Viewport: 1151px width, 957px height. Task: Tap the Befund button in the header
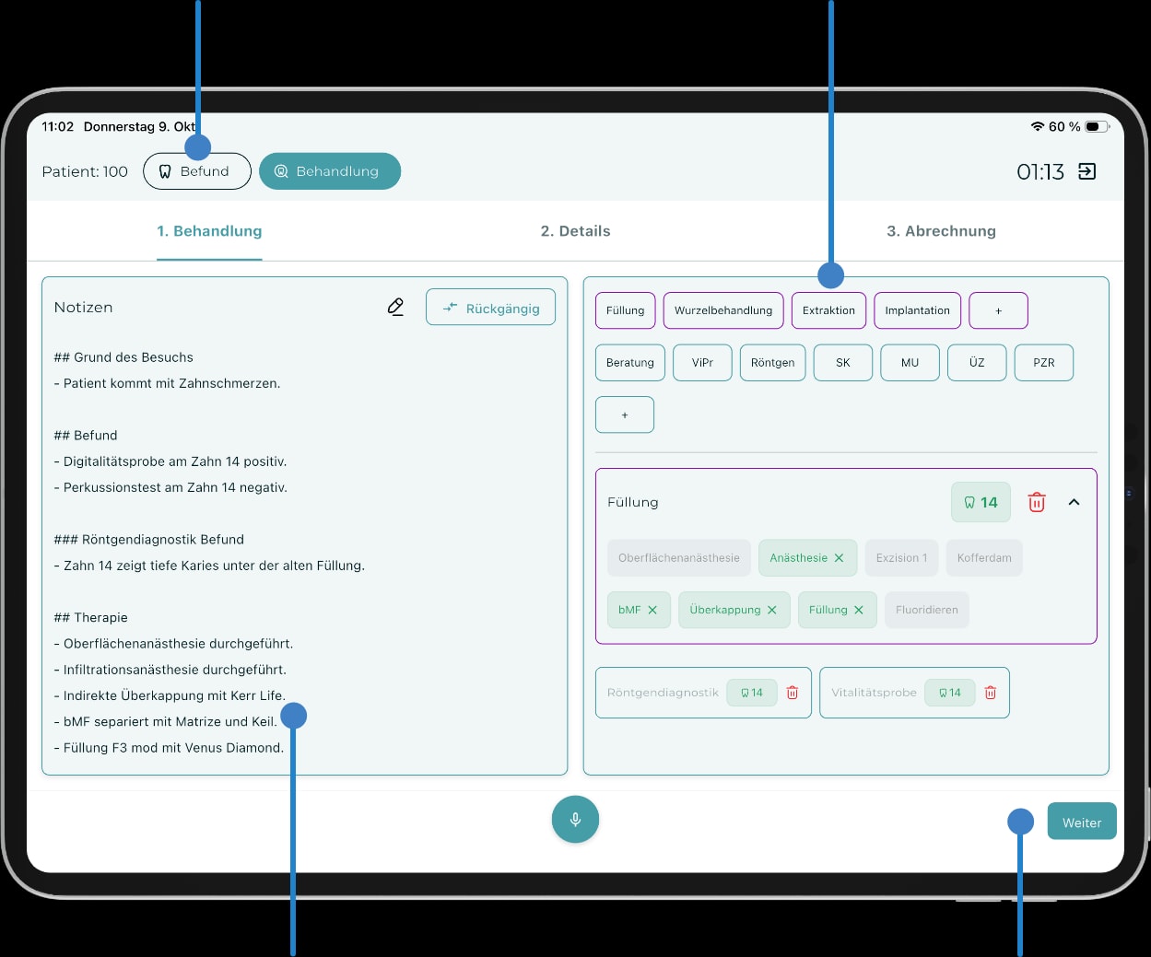point(197,171)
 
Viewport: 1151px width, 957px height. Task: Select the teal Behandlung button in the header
point(330,171)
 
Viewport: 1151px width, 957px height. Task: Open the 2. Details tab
point(575,231)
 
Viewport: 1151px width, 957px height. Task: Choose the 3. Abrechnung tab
point(941,231)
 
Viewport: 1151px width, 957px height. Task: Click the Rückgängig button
point(490,308)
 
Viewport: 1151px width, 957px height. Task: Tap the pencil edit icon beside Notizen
point(395,307)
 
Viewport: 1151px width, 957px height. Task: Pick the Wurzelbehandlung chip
point(723,310)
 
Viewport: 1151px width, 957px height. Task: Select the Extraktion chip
point(828,310)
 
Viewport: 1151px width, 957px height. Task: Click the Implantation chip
point(917,310)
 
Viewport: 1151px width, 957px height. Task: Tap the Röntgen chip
point(772,363)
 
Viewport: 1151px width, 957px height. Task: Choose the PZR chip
point(1043,363)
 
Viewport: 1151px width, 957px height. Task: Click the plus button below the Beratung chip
point(625,414)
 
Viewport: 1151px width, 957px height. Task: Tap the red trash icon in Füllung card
point(1037,502)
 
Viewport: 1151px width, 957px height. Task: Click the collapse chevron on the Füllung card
point(1074,502)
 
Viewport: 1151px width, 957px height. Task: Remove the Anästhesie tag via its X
point(839,558)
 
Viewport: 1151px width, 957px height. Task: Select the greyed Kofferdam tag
point(984,558)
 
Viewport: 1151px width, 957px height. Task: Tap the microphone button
point(575,819)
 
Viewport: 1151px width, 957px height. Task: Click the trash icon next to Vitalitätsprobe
point(990,693)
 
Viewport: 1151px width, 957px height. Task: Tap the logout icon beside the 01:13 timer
point(1086,171)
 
